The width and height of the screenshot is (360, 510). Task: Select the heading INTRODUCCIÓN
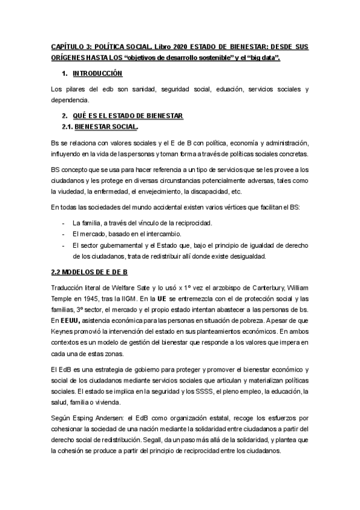point(97,73)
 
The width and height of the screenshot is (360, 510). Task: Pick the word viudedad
point(69,192)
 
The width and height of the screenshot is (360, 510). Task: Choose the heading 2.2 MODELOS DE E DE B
point(89,271)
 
